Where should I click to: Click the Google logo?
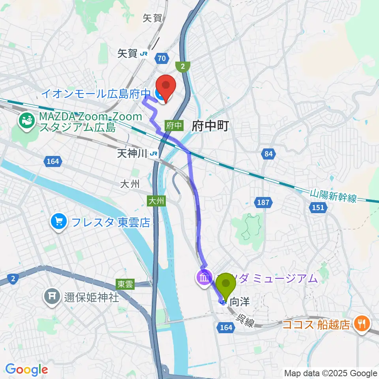(27, 370)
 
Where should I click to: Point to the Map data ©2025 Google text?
(331, 373)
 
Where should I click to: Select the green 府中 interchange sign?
(174, 125)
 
